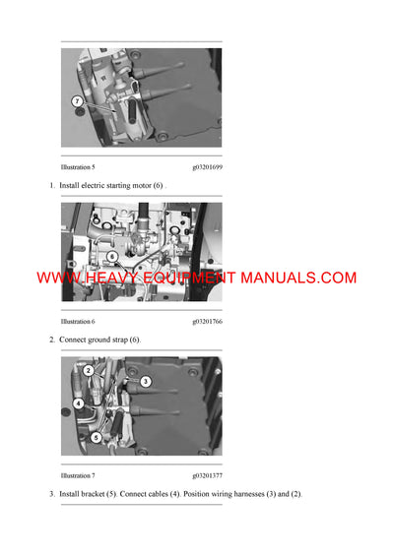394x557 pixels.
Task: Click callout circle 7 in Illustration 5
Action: tap(78, 101)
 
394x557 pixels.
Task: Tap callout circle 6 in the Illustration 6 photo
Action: tap(113, 257)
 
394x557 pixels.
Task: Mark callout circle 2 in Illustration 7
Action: tap(88, 370)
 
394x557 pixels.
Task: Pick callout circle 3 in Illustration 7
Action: tap(145, 381)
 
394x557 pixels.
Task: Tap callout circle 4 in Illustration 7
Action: tap(78, 403)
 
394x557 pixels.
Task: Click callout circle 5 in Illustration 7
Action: tap(96, 437)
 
